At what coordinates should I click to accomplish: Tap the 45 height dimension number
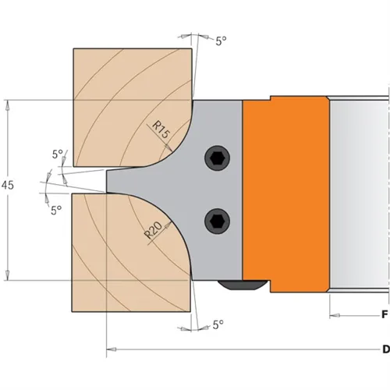(9, 188)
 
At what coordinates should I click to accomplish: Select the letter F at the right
(384, 316)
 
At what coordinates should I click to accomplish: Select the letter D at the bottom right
(384, 349)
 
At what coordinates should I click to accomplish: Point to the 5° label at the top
(222, 41)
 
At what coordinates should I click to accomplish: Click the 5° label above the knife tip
(57, 154)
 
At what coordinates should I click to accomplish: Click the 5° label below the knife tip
(56, 210)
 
